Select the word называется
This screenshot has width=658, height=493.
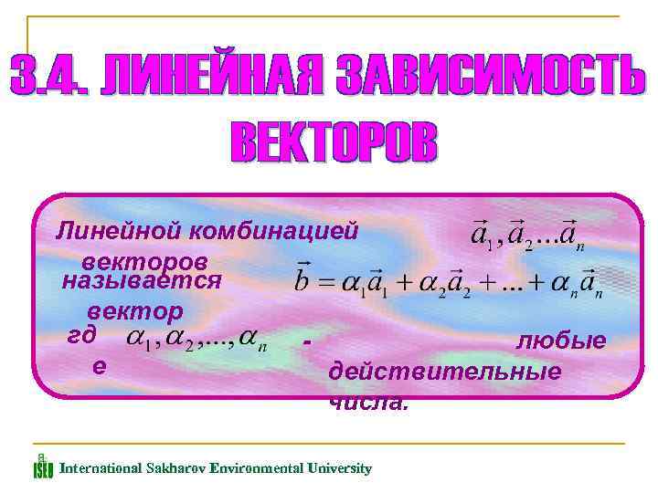pyautogui.click(x=142, y=279)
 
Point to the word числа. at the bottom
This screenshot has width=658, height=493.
pyautogui.click(x=369, y=402)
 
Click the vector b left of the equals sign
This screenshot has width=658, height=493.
pyautogui.click(x=305, y=277)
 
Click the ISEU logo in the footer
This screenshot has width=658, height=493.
pyautogui.click(x=43, y=467)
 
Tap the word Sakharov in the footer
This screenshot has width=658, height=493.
pyautogui.click(x=173, y=468)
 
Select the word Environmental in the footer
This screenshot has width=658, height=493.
pyautogui.click(x=255, y=468)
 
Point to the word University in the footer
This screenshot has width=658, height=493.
pyautogui.click(x=337, y=468)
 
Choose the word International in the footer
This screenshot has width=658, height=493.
pyautogui.click(x=98, y=468)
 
